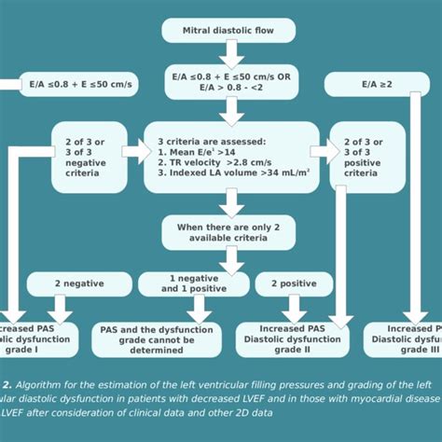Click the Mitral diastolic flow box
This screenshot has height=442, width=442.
[x=228, y=30]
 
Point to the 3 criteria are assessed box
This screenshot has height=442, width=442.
[x=228, y=156]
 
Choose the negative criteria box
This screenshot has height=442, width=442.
[x=89, y=156]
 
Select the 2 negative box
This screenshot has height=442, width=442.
[x=79, y=283]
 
